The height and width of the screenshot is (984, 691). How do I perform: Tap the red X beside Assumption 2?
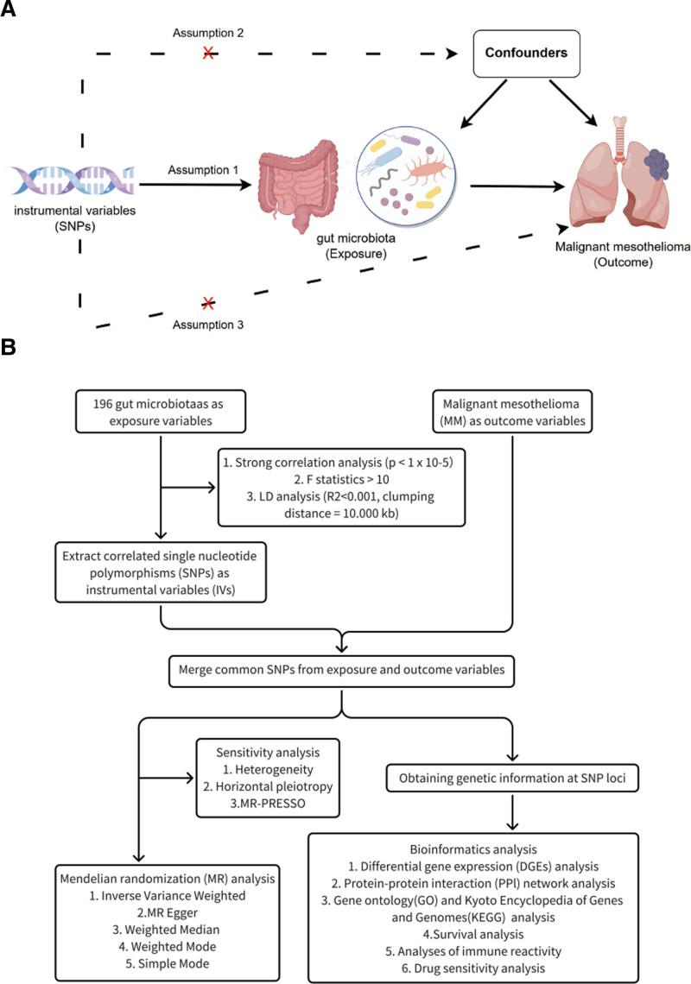[208, 53]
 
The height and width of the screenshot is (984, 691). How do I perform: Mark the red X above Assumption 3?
[207, 302]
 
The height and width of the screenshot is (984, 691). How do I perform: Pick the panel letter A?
[9, 10]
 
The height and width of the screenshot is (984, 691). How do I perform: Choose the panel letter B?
[9, 348]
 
